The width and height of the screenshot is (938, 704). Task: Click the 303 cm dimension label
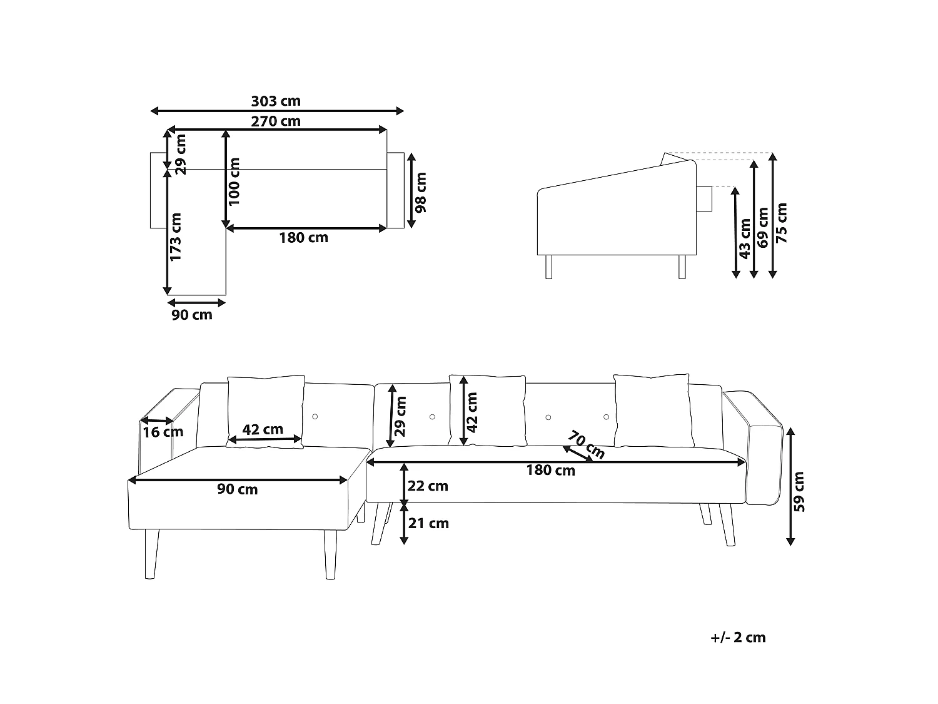click(276, 101)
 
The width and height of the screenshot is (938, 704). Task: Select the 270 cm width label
click(276, 121)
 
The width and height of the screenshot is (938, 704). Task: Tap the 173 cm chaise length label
click(176, 237)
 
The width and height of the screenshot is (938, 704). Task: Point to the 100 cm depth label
click(234, 181)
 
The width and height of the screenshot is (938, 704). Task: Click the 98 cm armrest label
click(420, 192)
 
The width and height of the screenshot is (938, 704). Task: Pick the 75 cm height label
click(781, 223)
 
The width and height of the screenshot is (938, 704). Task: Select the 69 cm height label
click(763, 228)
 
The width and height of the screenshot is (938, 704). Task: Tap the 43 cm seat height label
click(744, 239)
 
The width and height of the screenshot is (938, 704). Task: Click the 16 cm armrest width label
click(163, 432)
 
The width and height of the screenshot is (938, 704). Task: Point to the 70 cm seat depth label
click(586, 445)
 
